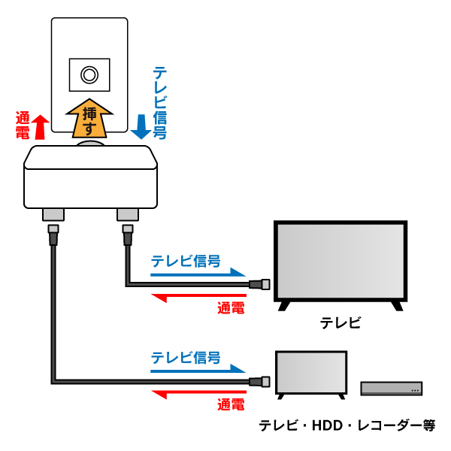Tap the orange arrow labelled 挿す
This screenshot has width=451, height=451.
(89, 117)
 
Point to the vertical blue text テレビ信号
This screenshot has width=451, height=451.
(159, 101)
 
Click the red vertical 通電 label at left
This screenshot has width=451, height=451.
(23, 126)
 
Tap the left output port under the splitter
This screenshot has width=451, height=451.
(53, 216)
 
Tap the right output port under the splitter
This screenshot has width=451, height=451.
(126, 216)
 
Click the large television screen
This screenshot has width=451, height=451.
(339, 261)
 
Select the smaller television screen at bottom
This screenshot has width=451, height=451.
(312, 373)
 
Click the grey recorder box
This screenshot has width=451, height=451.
(392, 388)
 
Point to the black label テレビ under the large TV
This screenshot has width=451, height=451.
(341, 323)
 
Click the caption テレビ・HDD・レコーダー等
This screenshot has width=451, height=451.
(347, 425)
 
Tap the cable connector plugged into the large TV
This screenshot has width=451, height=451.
(260, 285)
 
